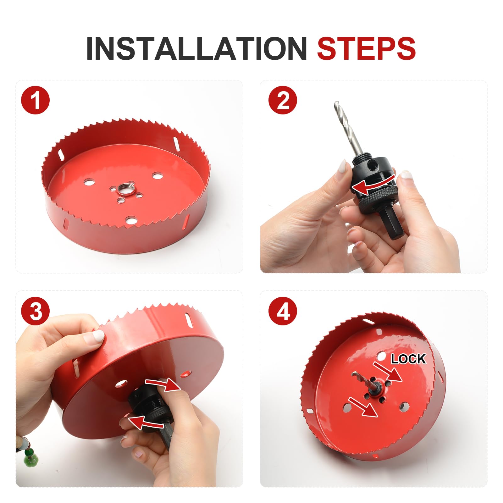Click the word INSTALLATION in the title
(x=196, y=48)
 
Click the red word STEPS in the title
(x=367, y=48)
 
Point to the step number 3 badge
(x=35, y=311)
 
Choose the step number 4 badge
(x=283, y=311)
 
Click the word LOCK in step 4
(x=408, y=359)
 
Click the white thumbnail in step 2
(x=342, y=167)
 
